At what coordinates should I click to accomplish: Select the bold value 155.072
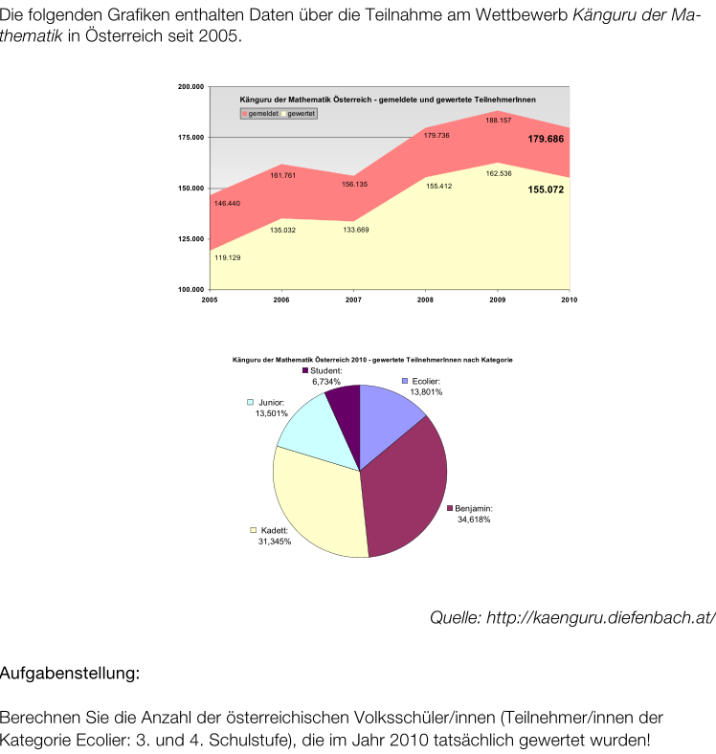(x=545, y=190)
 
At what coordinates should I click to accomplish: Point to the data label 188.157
(x=498, y=121)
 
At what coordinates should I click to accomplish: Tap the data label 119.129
(x=227, y=257)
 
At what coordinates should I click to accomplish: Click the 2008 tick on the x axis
(x=425, y=299)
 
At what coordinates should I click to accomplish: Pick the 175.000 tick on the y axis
(x=191, y=137)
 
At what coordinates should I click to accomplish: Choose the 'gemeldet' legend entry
(x=261, y=113)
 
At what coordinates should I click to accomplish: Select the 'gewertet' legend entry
(x=300, y=113)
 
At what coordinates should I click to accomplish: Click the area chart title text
(x=387, y=100)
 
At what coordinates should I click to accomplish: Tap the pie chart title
(x=372, y=360)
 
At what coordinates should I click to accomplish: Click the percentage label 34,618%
(x=473, y=520)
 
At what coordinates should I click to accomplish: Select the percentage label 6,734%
(x=325, y=381)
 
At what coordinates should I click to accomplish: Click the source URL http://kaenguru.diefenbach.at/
(x=571, y=617)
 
